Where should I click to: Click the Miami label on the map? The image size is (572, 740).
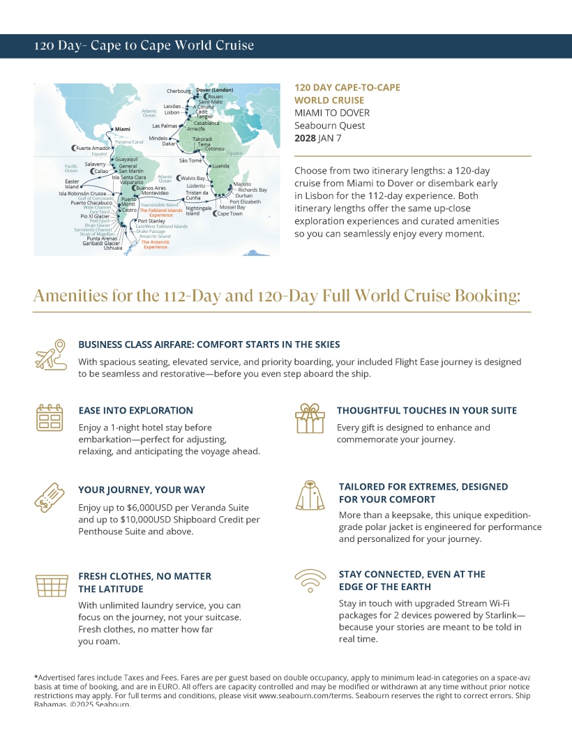pos(122,129)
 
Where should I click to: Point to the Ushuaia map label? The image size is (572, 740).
pos(112,248)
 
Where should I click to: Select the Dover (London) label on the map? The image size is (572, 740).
pos(214,91)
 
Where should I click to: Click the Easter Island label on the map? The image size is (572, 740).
pos(72,184)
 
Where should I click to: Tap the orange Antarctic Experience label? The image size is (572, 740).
pos(155,244)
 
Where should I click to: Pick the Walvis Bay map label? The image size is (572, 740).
pos(193,179)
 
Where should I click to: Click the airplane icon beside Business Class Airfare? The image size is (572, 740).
pos(50,355)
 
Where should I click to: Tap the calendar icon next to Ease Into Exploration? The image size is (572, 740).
pos(50,417)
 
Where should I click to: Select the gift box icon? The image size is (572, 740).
pos(310,418)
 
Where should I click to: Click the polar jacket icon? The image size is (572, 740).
pos(310,495)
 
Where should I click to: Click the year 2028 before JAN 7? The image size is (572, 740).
pos(306,138)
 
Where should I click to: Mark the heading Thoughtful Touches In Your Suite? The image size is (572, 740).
pos(427,410)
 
